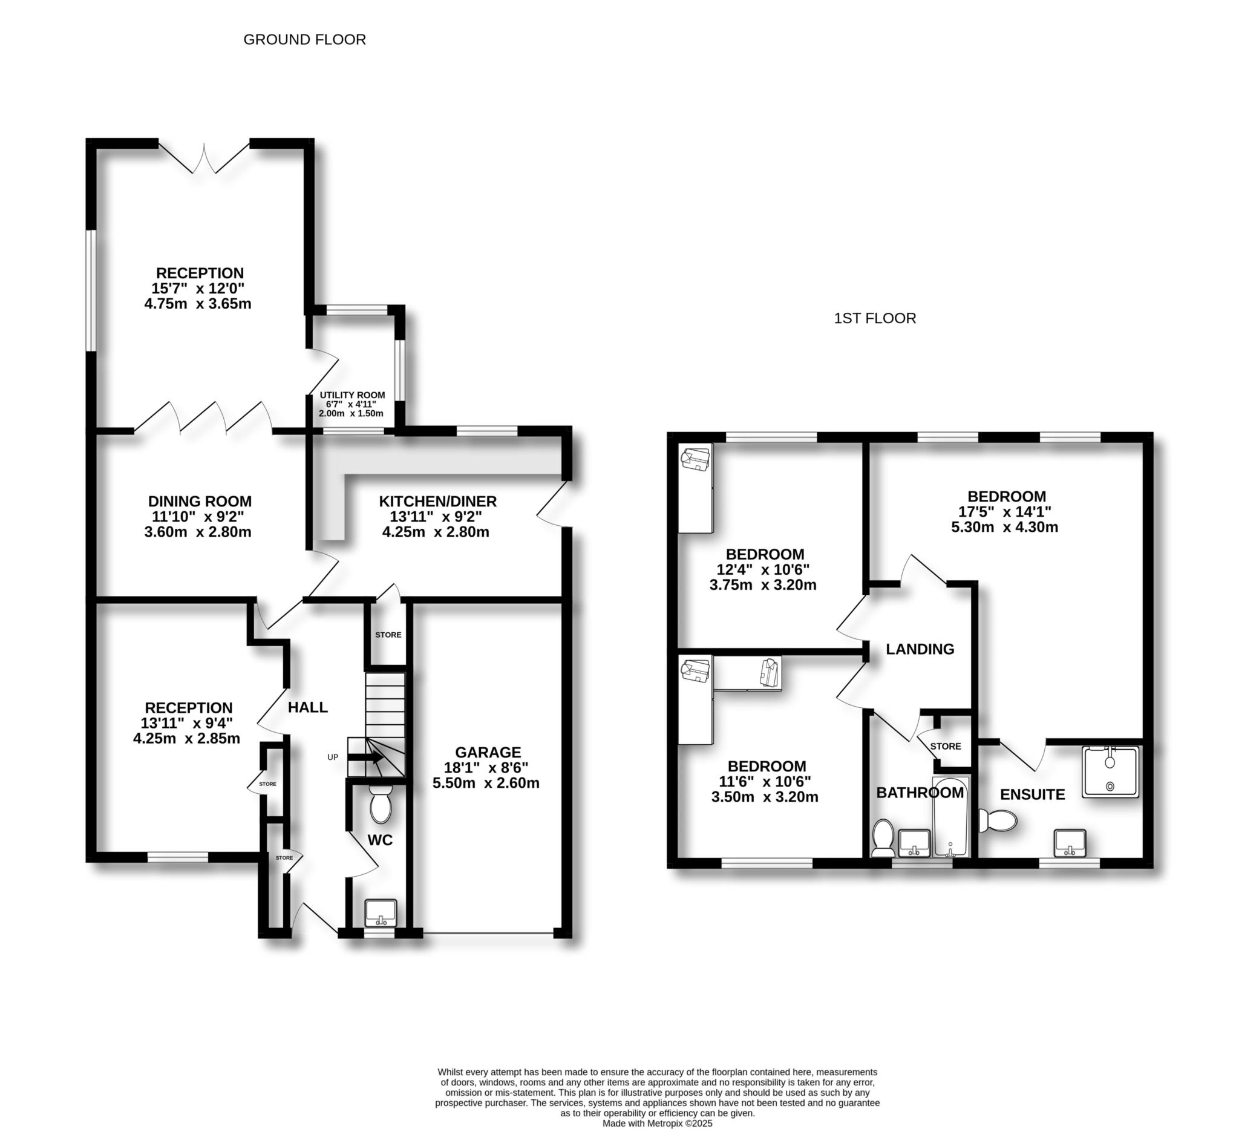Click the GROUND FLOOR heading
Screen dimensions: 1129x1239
[304, 39]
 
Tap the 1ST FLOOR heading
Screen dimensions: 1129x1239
[875, 318]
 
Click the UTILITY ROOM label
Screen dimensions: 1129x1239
[352, 395]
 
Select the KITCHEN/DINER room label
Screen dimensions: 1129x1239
[437, 502]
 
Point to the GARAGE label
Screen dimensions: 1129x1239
[488, 752]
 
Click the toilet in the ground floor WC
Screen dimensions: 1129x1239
[381, 805]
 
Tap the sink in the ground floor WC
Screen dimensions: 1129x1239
[381, 912]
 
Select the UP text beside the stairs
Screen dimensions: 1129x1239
[333, 757]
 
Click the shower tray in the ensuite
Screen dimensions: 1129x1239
[1111, 772]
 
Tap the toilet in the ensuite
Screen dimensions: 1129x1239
[999, 820]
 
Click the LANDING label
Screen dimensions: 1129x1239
[920, 649]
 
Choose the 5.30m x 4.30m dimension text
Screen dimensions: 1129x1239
[1005, 528]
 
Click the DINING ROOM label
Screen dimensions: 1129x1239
[200, 502]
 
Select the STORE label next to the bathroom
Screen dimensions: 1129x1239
[945, 746]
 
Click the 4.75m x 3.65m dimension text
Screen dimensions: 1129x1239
[198, 304]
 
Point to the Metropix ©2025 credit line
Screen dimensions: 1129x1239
[657, 1124]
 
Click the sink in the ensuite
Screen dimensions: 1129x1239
[1070, 843]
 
